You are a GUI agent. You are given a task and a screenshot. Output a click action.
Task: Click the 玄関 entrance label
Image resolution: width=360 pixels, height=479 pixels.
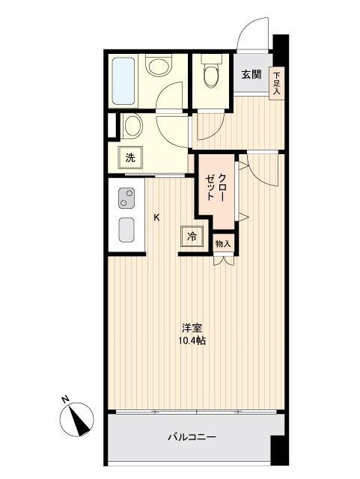251,74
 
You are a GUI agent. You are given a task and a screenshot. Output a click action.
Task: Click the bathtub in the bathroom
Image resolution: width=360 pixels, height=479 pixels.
123,80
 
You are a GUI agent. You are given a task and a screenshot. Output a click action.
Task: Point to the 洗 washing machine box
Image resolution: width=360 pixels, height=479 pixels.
130,158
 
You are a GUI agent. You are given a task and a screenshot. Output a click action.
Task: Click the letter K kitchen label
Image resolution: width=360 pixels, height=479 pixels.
157,218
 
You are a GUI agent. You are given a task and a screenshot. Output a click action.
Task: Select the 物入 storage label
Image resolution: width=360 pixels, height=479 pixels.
223,244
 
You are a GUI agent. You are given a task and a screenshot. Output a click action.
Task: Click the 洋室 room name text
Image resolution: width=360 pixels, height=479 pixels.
192,328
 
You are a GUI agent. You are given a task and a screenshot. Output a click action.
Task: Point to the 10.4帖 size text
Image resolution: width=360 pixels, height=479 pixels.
192,341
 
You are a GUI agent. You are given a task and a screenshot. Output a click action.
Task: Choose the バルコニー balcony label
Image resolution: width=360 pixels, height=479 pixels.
192,437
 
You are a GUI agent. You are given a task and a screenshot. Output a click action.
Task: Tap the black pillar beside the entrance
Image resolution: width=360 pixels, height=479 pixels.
280,52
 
